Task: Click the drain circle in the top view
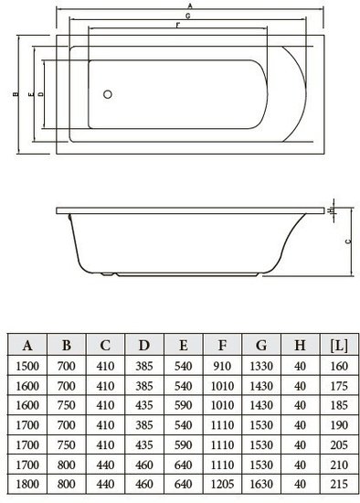pos(108,94)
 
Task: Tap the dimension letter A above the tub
pos(190,5)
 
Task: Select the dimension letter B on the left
pos(16,94)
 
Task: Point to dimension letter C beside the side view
pos(348,241)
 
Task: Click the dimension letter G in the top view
pos(188,16)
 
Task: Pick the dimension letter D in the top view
pos(41,94)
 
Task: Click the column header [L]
pos(339,345)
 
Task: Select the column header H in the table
pos(300,345)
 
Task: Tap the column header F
pos(222,345)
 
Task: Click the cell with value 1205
pos(222,484)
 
